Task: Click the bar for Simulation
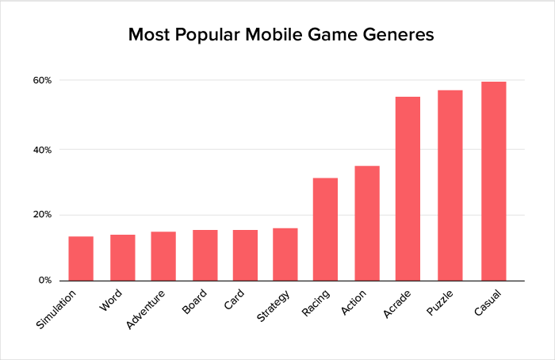pyautogui.click(x=81, y=259)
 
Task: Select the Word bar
pyautogui.click(x=122, y=258)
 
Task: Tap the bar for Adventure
pyautogui.click(x=163, y=256)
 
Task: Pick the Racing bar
pyautogui.click(x=325, y=229)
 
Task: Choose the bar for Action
pyautogui.click(x=367, y=223)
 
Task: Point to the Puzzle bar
pyautogui.click(x=450, y=186)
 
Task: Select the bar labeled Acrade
pyautogui.click(x=408, y=189)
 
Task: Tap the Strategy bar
pyautogui.click(x=285, y=255)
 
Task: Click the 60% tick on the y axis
pyautogui.click(x=42, y=81)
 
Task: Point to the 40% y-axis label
pyautogui.click(x=42, y=149)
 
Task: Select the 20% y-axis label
pyautogui.click(x=42, y=215)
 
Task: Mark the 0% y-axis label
pyautogui.click(x=45, y=281)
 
